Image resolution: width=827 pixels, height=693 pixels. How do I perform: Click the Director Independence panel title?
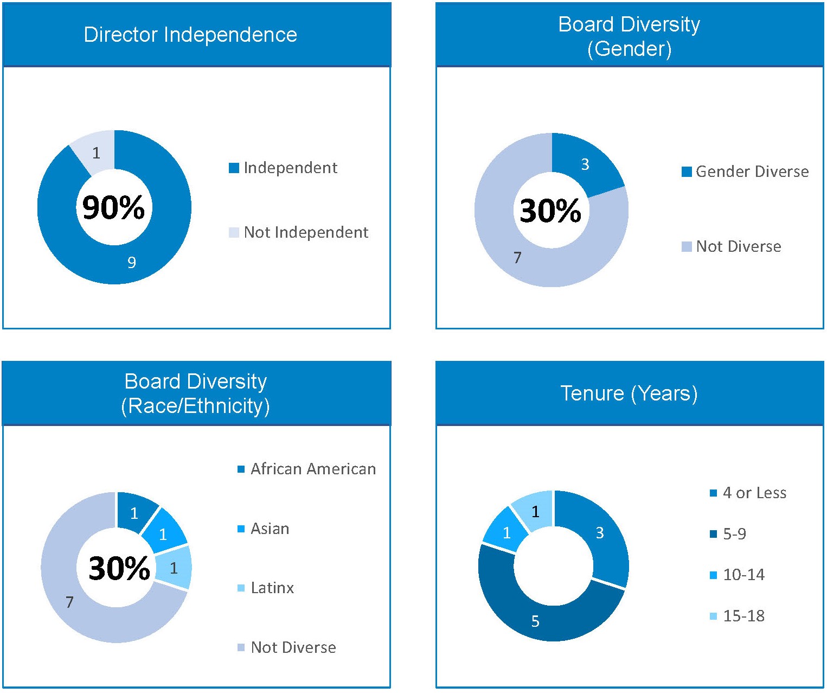pos(190,35)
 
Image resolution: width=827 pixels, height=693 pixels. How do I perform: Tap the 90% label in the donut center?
pos(113,207)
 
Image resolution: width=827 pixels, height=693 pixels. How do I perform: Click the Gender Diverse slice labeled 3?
pos(585,164)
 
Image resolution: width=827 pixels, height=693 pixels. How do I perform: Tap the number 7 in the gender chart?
pos(517,257)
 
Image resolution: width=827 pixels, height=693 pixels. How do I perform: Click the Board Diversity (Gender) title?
pos(629,36)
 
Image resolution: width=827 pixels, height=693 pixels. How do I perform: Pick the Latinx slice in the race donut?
pos(174,568)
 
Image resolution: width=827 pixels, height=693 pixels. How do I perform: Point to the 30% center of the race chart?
pos(119,568)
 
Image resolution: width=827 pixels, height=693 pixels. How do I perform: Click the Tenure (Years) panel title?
pos(629,393)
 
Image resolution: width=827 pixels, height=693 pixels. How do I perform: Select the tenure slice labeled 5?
pos(535,621)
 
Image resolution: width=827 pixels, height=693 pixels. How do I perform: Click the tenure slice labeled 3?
pos(600,533)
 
